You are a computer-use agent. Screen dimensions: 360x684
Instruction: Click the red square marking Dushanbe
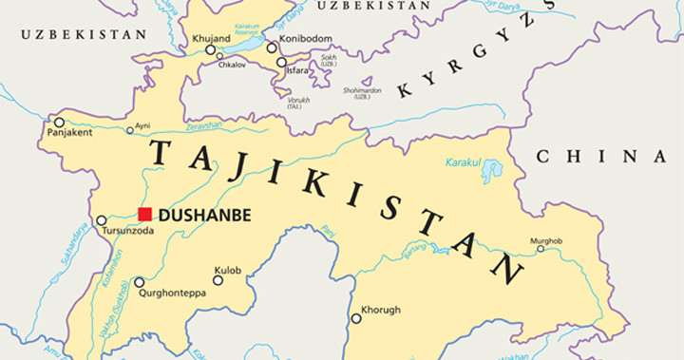(x=144, y=215)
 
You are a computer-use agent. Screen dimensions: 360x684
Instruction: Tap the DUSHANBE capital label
(x=204, y=216)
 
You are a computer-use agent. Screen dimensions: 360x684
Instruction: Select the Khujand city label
(x=210, y=38)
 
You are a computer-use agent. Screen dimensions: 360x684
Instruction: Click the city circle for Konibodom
(x=272, y=47)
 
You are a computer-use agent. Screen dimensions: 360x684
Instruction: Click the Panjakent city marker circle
(x=59, y=122)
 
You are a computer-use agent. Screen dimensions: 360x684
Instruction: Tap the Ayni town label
(x=142, y=125)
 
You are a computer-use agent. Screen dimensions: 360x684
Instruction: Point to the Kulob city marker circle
(x=218, y=279)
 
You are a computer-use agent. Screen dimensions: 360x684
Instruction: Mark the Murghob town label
(x=546, y=241)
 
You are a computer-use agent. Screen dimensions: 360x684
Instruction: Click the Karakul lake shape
(x=491, y=171)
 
